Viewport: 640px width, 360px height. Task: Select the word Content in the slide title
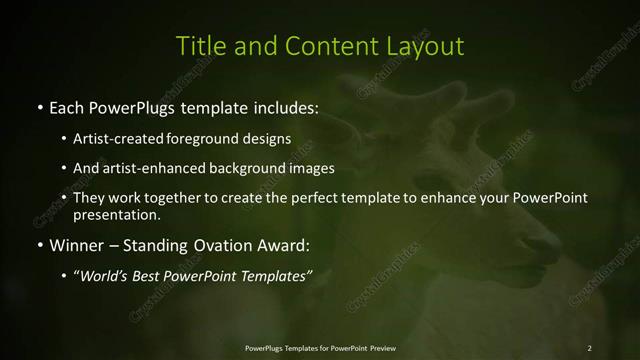[x=325, y=46]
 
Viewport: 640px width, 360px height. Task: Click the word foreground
[x=214, y=138]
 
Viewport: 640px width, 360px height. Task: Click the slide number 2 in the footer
[x=589, y=347]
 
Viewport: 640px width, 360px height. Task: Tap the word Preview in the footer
[x=380, y=347]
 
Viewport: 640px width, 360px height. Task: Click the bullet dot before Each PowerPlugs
[x=39, y=106]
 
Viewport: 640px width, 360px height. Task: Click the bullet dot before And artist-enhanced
[x=64, y=168]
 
